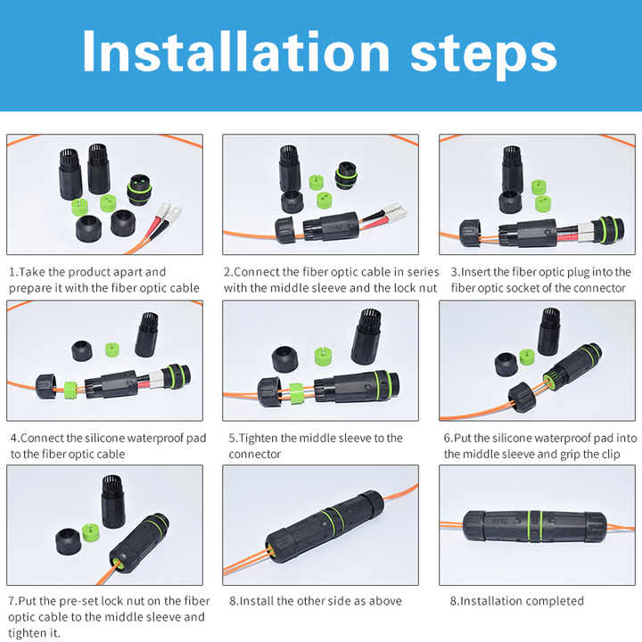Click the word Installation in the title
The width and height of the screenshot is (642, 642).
click(235, 52)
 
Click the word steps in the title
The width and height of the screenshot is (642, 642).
click(483, 55)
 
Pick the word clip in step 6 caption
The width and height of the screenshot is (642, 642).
click(611, 454)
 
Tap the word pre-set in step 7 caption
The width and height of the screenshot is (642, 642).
click(78, 601)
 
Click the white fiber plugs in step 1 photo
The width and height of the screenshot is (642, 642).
click(169, 212)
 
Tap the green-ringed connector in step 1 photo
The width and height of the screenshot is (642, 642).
click(139, 190)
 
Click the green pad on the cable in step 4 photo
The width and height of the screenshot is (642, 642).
click(70, 391)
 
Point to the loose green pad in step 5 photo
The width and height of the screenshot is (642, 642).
click(324, 356)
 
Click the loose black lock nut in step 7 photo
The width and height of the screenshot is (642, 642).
click(69, 541)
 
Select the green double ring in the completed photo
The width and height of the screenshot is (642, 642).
click(535, 526)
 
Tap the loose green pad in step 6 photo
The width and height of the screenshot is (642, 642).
click(527, 357)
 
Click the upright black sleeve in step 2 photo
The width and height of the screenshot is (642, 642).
click(290, 169)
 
